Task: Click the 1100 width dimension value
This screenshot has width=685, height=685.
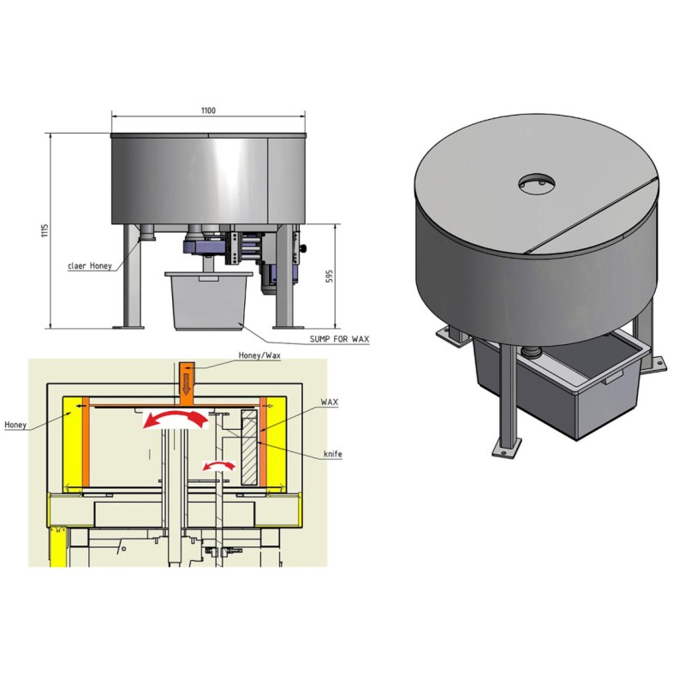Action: point(208,110)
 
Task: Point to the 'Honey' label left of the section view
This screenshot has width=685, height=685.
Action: point(15,424)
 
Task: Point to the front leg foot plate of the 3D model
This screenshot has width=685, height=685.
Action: point(504,446)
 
